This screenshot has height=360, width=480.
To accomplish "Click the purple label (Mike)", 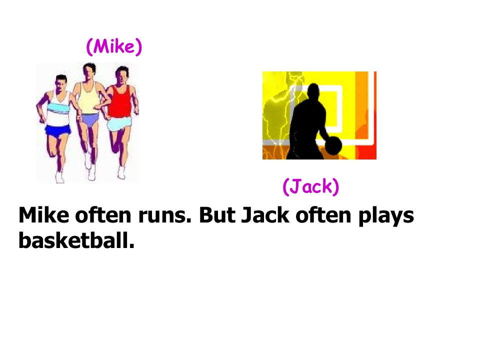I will (x=114, y=46).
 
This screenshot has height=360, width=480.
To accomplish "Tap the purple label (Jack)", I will (x=311, y=186).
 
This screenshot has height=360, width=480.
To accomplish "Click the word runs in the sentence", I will (x=163, y=215).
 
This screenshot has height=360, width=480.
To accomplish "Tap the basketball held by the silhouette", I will (x=333, y=145).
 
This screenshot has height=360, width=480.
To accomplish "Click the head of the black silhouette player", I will (x=313, y=93).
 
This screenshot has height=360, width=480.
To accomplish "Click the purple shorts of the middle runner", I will (x=90, y=119).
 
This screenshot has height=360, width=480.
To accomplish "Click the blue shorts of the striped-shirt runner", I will (x=58, y=130).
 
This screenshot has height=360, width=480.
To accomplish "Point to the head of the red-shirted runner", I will (x=121, y=75).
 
